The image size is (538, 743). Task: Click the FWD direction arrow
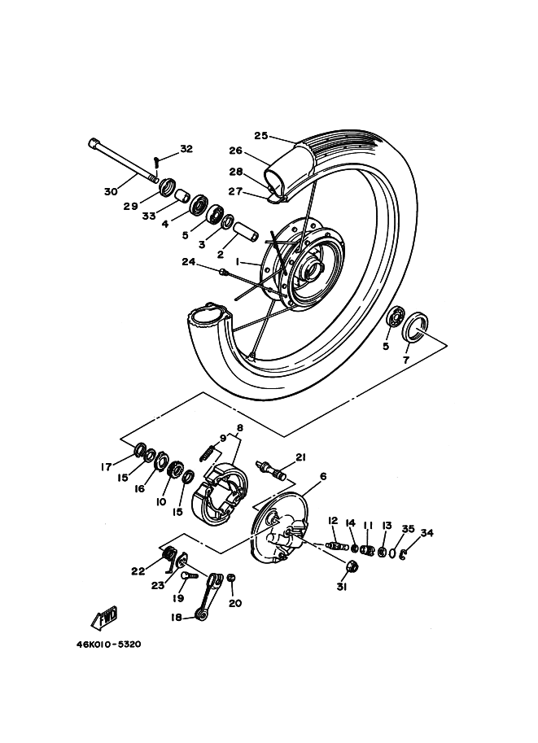104,619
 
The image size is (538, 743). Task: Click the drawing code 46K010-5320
108,645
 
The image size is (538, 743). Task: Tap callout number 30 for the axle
111,191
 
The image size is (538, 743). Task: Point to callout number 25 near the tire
261,136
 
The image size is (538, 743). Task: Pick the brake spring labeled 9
207,452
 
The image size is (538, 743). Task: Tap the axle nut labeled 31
352,566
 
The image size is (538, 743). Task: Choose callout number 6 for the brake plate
323,476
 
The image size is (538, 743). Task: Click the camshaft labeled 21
270,471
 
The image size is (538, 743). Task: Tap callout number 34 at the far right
426,533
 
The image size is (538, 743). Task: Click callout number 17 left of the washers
106,467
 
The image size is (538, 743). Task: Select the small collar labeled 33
182,196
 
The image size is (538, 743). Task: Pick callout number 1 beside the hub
238,261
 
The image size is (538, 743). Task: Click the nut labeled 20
231,578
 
